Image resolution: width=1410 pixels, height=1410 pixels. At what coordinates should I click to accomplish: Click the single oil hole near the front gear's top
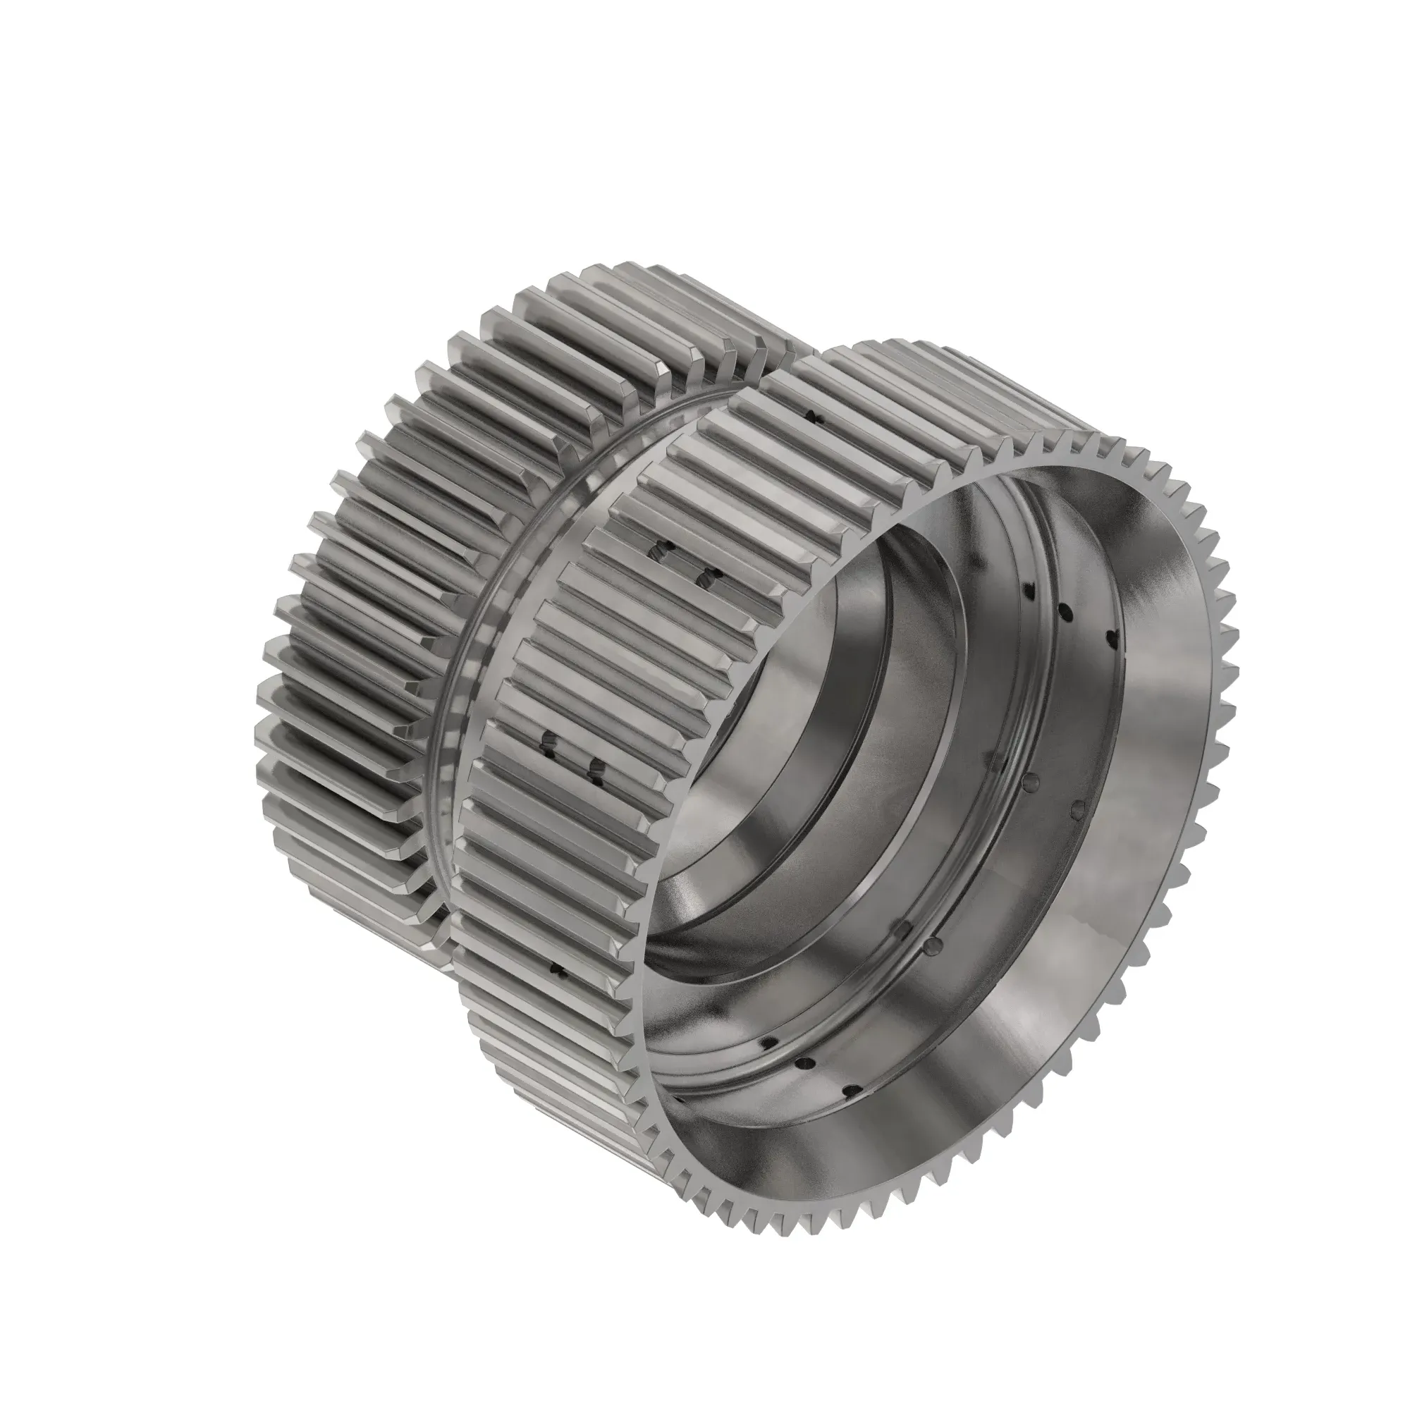814,417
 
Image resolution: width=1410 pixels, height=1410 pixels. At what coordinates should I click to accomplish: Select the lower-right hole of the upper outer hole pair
706,579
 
